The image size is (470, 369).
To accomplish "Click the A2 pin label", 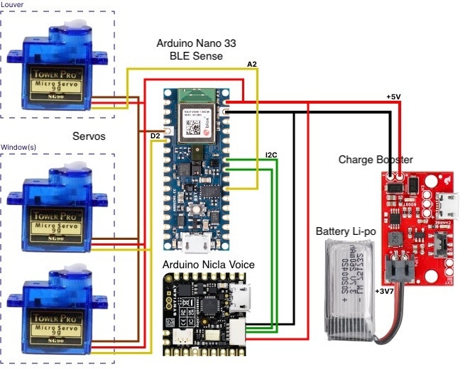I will click(x=252, y=65).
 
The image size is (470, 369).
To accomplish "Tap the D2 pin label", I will click(x=156, y=134).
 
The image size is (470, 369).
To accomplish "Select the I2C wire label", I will click(x=271, y=154).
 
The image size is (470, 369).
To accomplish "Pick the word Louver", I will click(x=12, y=6).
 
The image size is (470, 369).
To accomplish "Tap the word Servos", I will click(x=90, y=136).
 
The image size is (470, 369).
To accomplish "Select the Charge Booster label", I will click(x=375, y=160).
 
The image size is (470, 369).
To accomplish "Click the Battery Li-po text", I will click(x=348, y=231).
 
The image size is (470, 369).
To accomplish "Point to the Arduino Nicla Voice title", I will click(x=209, y=265).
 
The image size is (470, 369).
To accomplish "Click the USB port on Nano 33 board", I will click(x=193, y=244).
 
